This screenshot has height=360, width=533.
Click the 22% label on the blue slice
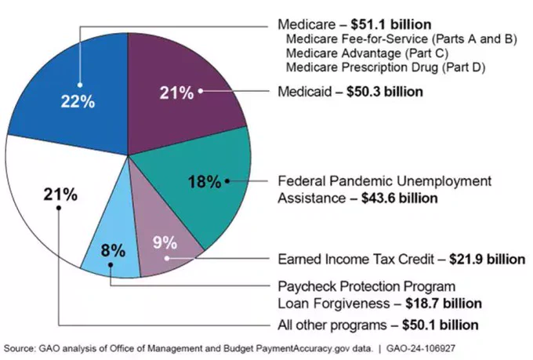coord(78,101)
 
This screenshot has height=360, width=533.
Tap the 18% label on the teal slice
coord(205,181)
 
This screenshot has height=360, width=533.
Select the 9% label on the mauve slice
coord(165,242)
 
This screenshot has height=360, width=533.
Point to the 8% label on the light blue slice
coord(113,251)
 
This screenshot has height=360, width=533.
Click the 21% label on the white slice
coord(60,195)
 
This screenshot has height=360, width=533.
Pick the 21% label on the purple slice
coord(177,93)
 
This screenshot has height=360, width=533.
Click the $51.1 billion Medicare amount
coord(391,24)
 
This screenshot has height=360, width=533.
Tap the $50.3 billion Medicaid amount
coord(385,92)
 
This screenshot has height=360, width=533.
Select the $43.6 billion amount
coord(400,198)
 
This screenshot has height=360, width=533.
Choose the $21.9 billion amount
coord(487,260)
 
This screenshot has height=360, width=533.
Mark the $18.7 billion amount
coord(444,304)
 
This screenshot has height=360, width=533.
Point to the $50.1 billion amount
coord(441,325)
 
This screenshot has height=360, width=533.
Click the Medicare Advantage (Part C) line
coord(367,53)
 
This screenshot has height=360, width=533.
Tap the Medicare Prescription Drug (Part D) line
coord(386,67)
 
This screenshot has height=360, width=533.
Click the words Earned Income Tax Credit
coord(356,260)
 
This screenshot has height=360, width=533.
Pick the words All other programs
coord(332,325)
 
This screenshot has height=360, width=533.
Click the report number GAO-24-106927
coord(420,349)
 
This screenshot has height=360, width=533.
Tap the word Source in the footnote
coord(19,349)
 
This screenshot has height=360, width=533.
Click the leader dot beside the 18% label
coord(227,181)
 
